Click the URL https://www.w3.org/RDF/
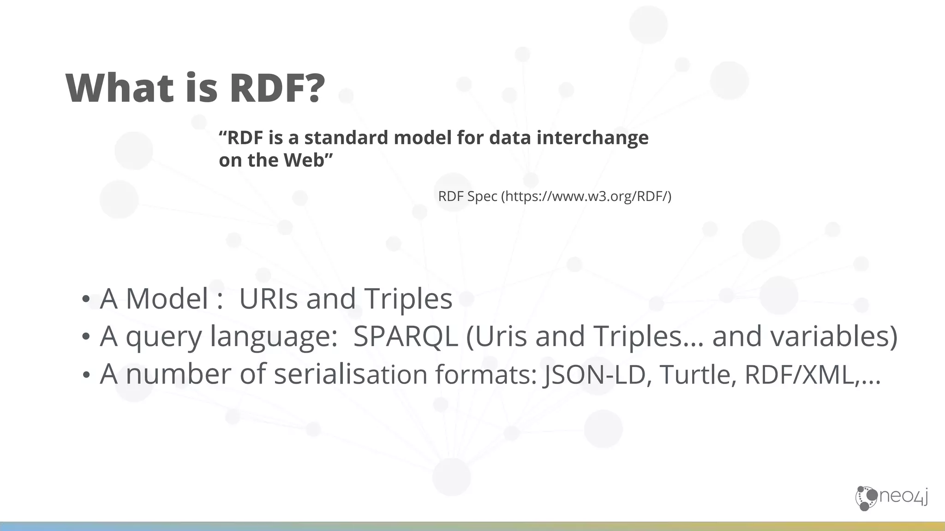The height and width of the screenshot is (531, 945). pos(586,196)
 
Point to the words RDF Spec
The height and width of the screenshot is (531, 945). pos(467,196)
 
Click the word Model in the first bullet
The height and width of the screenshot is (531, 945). pos(167,298)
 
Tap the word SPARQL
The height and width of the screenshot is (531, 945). pos(405,336)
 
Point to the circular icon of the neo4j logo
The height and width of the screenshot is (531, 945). pos(866,498)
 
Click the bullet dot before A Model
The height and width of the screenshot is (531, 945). pos(85,300)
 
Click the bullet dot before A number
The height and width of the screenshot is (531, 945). pos(85,375)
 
